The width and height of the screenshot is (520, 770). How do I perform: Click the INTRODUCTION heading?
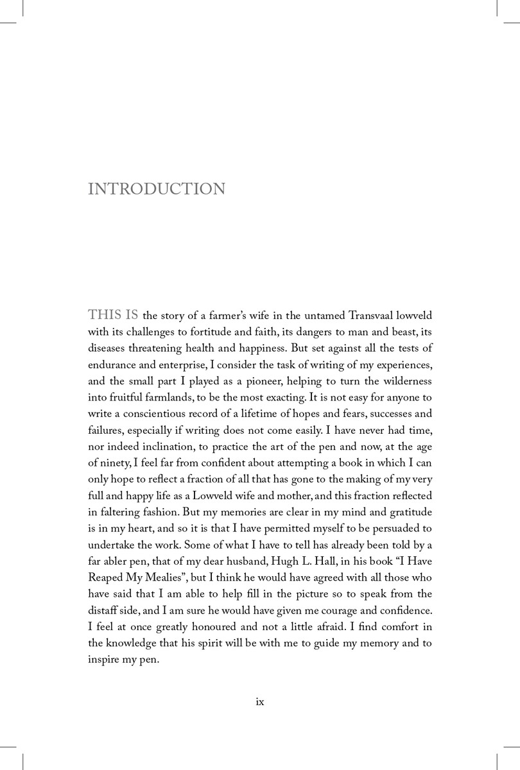click(x=156, y=189)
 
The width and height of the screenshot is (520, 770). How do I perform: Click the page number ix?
click(x=260, y=702)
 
